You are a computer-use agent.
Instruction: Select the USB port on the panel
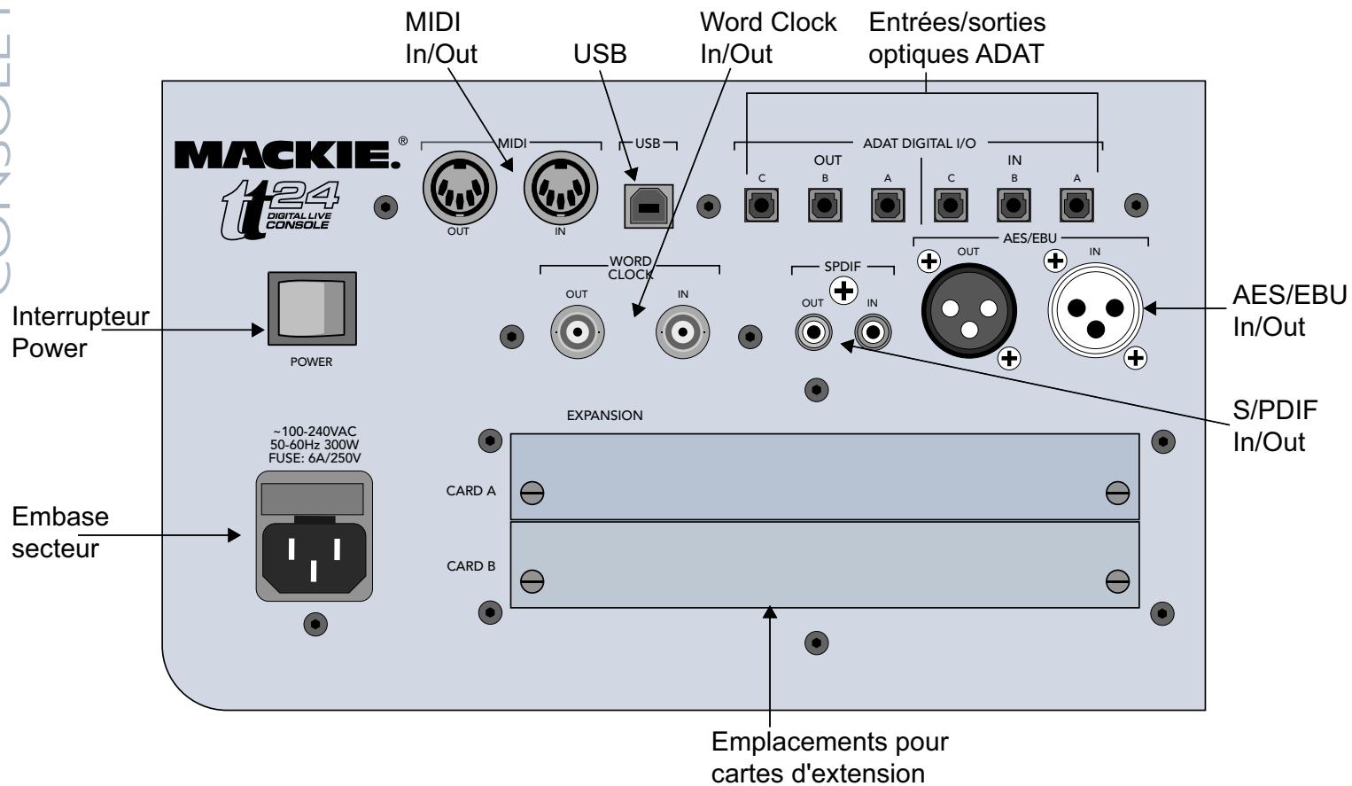[648, 206]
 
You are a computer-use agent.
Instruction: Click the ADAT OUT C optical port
[761, 207]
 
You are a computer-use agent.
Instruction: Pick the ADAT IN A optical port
[1076, 207]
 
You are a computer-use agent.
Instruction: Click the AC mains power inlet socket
[314, 555]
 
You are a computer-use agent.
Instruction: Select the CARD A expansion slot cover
[824, 476]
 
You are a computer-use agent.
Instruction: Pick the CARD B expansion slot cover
[824, 564]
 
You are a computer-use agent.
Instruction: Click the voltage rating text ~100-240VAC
[313, 431]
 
